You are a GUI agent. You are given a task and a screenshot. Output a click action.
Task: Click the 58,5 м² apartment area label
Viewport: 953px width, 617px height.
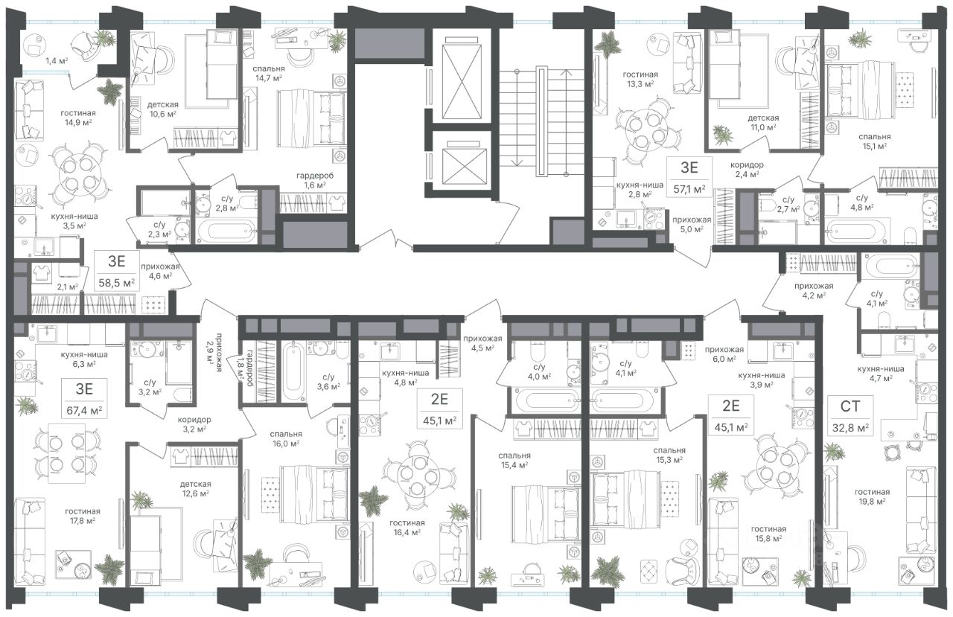coord(117,281)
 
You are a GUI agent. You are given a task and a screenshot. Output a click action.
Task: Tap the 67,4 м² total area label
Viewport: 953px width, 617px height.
coord(84,411)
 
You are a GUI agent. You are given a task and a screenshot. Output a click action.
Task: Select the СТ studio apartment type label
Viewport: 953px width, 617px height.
coord(850,406)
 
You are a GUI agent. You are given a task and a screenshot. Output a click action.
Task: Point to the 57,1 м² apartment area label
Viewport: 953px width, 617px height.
coord(689,188)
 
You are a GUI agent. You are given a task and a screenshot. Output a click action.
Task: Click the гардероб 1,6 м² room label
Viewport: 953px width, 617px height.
coord(315,180)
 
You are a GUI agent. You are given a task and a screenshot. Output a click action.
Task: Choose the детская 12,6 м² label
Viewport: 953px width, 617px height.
coord(195,488)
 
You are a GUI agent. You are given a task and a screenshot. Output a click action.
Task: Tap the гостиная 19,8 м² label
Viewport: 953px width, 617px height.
coord(872,496)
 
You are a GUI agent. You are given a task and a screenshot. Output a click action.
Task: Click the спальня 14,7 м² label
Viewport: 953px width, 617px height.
coord(269,73)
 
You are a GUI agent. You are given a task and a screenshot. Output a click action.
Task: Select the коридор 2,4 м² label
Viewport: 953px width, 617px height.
coord(747,169)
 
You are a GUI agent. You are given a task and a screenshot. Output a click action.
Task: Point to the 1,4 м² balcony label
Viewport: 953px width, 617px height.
coord(57,61)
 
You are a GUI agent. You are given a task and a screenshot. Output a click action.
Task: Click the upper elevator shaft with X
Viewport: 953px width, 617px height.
coord(463,77)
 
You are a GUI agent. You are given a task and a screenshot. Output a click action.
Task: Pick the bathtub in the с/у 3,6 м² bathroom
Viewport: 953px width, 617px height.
coord(294,371)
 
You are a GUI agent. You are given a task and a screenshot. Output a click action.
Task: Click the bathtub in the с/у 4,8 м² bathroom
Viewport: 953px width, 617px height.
coord(856,231)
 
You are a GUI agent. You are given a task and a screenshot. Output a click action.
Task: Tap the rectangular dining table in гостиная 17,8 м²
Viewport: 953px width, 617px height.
coord(66,453)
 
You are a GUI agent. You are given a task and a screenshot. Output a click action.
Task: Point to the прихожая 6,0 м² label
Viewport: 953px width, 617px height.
coord(724,354)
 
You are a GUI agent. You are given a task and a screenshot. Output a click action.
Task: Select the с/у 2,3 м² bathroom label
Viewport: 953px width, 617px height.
coord(157,228)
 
